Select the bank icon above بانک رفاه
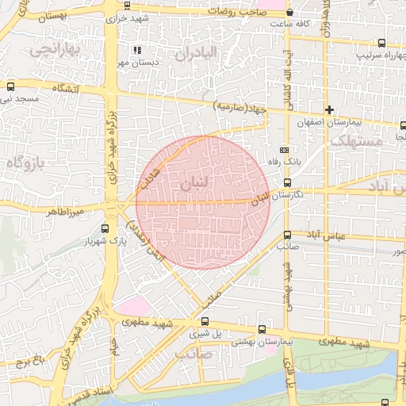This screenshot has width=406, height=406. pyautogui.click(x=284, y=150)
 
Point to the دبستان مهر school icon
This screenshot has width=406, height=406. pyautogui.click(x=136, y=50)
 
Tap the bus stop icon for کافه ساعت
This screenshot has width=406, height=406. pyautogui.click(x=289, y=13)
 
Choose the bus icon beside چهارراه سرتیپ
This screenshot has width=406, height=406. pyautogui.click(x=381, y=44)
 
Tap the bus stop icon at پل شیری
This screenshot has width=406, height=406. pyautogui.click(x=205, y=321)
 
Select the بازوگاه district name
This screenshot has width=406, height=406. pyautogui.click(x=27, y=163)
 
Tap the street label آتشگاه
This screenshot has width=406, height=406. pyautogui.click(x=65, y=89)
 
